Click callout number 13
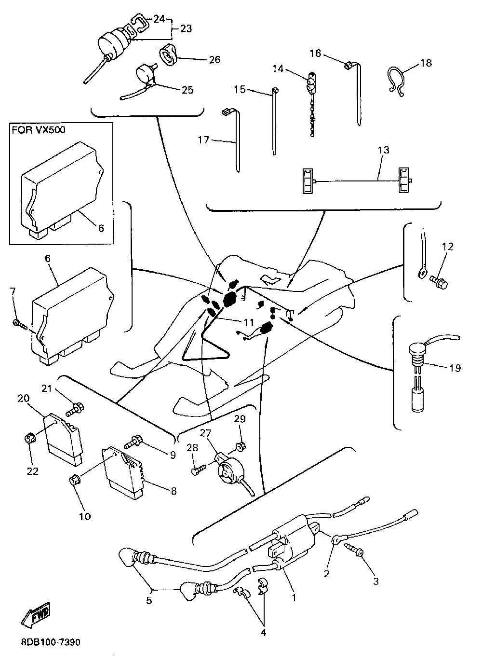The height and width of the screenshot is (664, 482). pyautogui.click(x=383, y=150)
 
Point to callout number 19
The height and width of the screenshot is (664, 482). pyautogui.click(x=455, y=368)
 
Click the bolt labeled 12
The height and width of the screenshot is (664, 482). pyautogui.click(x=439, y=281)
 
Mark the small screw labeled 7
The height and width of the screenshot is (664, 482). pyautogui.click(x=18, y=323)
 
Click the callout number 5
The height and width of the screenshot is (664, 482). pyautogui.click(x=149, y=600)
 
